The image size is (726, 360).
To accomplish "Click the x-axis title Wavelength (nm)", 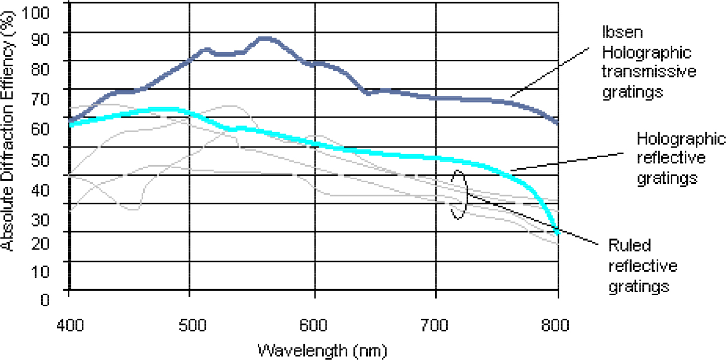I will (x=323, y=349).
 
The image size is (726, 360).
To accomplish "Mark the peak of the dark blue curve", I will (x=265, y=38).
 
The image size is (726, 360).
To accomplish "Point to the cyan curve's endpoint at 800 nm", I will (x=557, y=231).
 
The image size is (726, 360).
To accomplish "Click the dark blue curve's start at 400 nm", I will (x=70, y=121).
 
